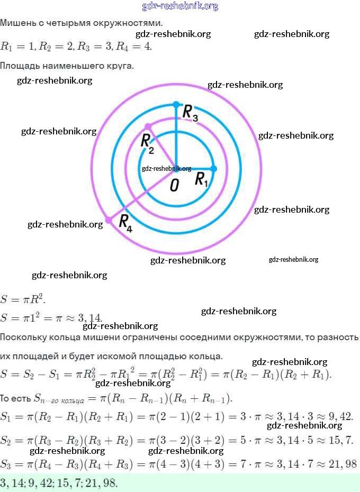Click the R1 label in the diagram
coord(202,180)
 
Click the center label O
coord(174,185)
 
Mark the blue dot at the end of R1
coord(214,169)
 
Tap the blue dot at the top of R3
coord(176,104)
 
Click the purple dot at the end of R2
coord(148,126)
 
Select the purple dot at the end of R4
coord(109,220)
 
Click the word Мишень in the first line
coord(16,23)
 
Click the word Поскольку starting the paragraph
coord(24,337)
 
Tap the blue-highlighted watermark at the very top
coord(180,6)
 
